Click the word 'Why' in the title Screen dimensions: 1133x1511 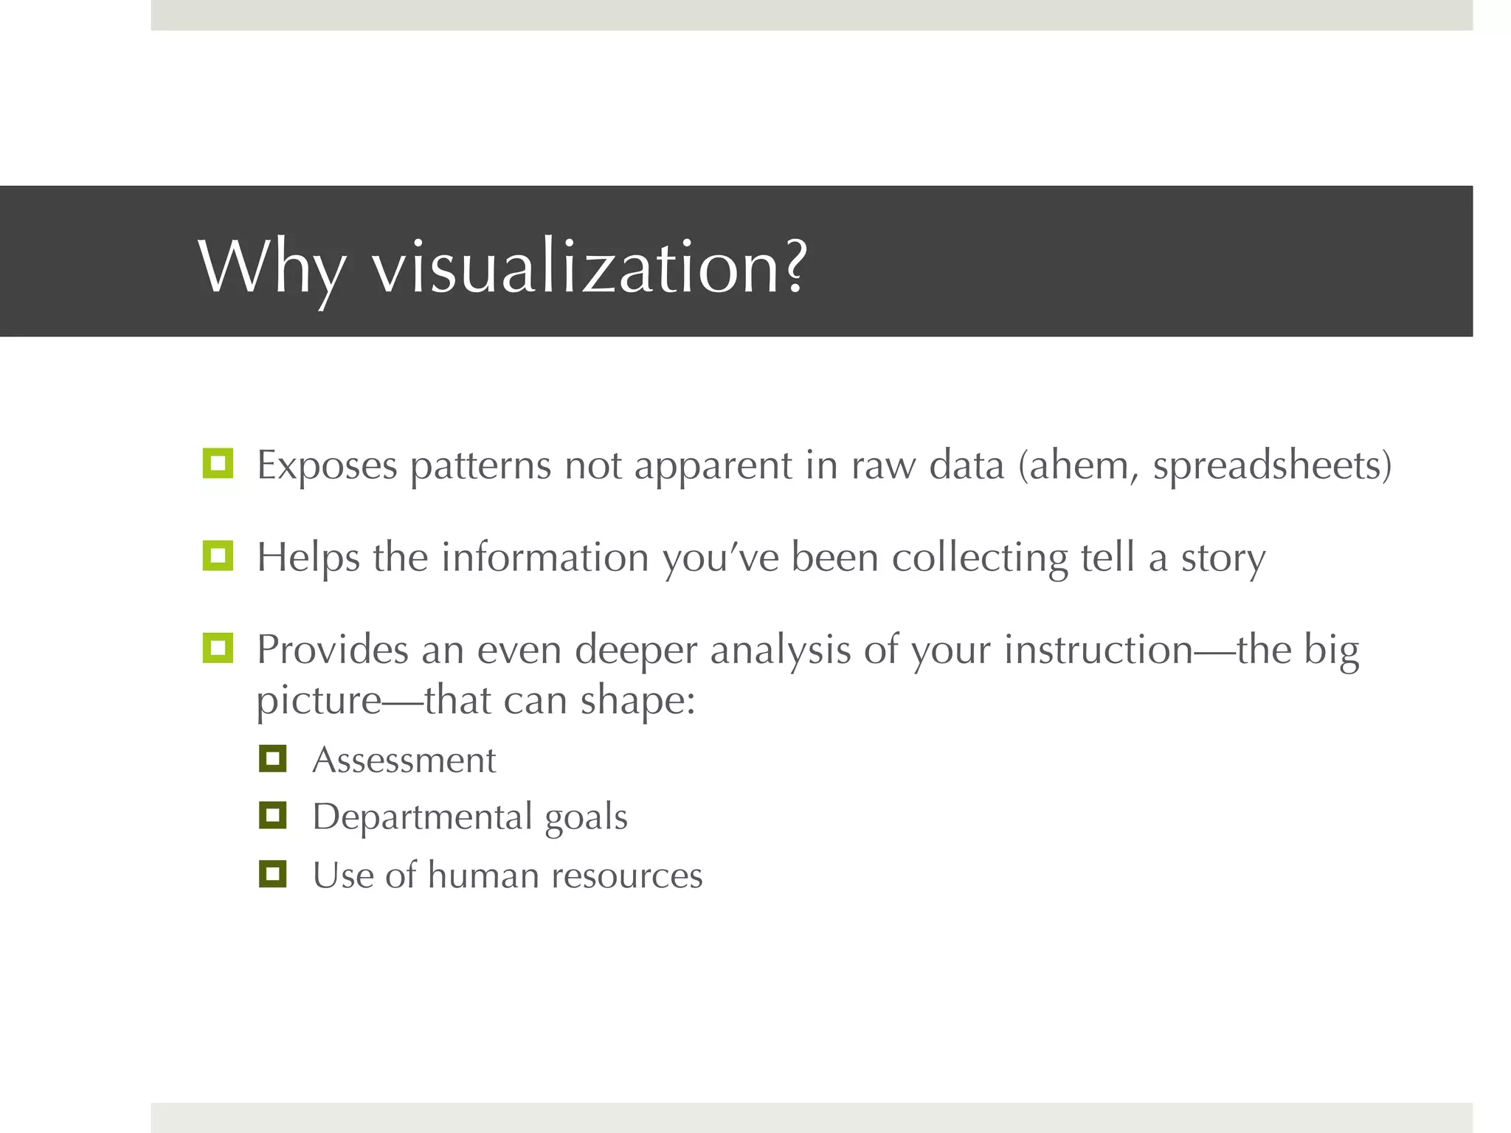coord(272,267)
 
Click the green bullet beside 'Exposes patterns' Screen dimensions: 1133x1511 coord(218,463)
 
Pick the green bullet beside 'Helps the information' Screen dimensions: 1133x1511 coord(218,555)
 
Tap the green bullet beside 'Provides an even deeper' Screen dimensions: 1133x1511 coord(218,648)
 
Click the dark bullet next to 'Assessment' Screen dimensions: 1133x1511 coord(272,758)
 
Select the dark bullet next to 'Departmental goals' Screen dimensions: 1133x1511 coord(272,815)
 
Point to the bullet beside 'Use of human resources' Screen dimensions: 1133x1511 coord(272,873)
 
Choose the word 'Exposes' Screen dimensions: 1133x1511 coord(327,466)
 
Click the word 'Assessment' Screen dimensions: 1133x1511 coord(404,760)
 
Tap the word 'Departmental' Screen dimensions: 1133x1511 coord(422,817)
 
